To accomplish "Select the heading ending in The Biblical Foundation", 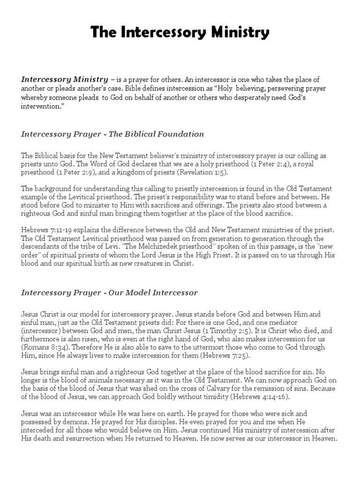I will click(x=112, y=134).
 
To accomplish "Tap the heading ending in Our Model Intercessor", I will click(x=109, y=292).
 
